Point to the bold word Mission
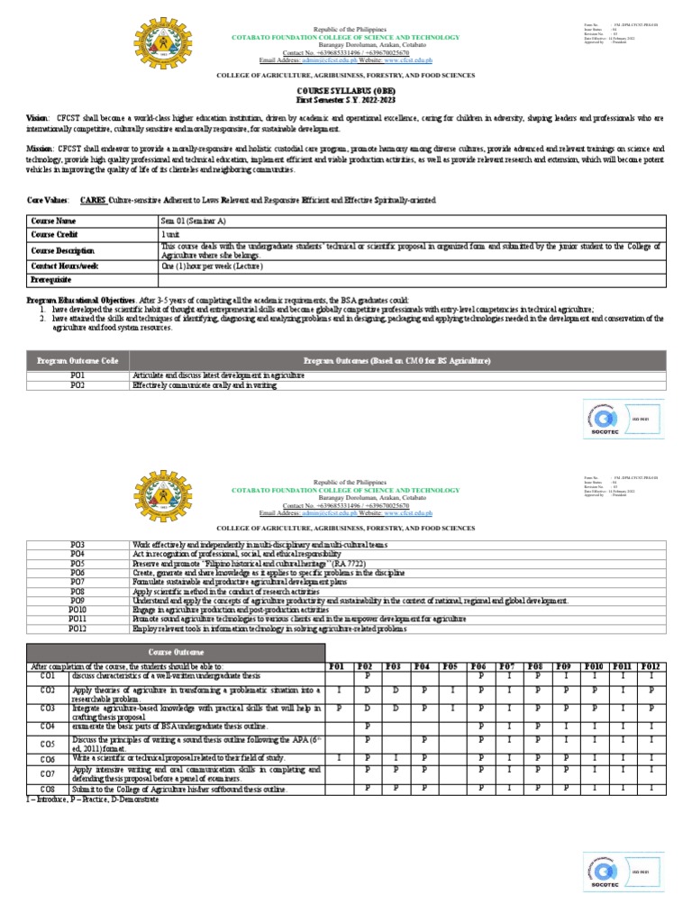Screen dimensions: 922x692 point(41,147)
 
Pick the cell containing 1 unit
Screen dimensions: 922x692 point(170,233)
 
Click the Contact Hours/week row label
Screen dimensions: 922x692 point(65,267)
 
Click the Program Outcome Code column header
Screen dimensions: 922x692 point(77,360)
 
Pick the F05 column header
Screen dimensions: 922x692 point(450,666)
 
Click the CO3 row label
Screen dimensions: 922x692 point(48,710)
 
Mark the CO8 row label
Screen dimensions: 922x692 point(48,789)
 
